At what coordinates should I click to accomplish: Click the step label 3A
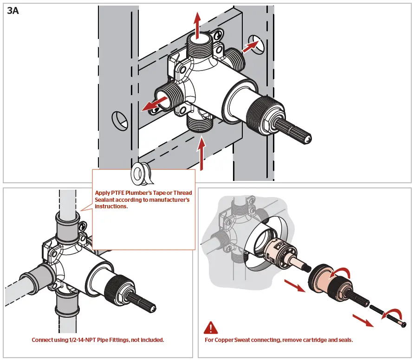[x=13, y=11]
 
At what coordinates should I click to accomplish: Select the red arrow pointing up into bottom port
[x=201, y=153]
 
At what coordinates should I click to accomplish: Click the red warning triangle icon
[x=210, y=328]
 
